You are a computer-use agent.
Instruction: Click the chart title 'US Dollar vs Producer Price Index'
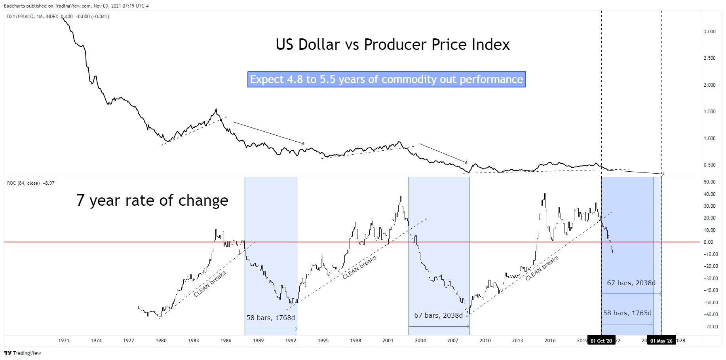pos(392,45)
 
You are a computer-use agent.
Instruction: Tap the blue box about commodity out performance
pos(386,80)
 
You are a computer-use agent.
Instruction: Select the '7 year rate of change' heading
pos(152,201)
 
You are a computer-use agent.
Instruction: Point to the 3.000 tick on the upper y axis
pos(709,32)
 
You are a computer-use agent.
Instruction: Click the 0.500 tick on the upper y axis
pos(709,165)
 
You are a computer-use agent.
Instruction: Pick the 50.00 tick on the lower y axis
pos(709,182)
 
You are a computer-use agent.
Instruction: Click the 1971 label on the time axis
pos(64,341)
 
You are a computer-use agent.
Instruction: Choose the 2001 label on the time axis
pos(388,341)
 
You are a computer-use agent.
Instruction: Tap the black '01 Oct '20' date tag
pos(601,341)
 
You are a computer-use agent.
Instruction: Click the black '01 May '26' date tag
pos(661,341)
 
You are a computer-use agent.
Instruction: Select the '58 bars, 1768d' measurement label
pos(271,318)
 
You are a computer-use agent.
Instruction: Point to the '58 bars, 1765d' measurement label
pos(627,313)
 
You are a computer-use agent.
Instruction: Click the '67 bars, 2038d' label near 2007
pos(438,315)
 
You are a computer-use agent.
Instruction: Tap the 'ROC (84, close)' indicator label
pos(23,183)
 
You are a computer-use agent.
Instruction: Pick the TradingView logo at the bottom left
pos(23,353)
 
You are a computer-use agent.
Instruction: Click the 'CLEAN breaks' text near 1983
pos(210,284)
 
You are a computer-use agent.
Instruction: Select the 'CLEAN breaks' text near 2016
pos(542,268)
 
